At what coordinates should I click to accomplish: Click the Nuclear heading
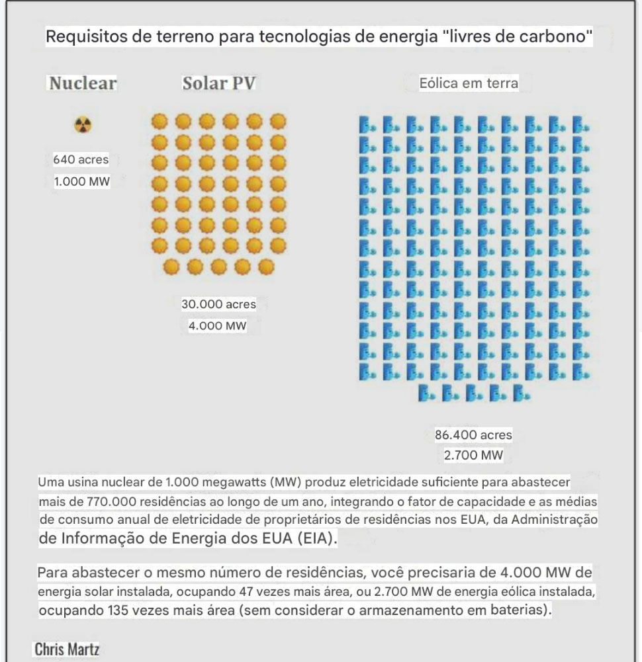[83, 83]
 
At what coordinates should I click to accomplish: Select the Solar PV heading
[219, 83]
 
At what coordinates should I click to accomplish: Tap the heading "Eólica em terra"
[469, 83]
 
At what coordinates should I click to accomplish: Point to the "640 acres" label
[81, 159]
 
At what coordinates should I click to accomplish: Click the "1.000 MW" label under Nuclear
[81, 182]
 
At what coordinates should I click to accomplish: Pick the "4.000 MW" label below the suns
[218, 326]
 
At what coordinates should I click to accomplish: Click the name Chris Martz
[67, 649]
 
